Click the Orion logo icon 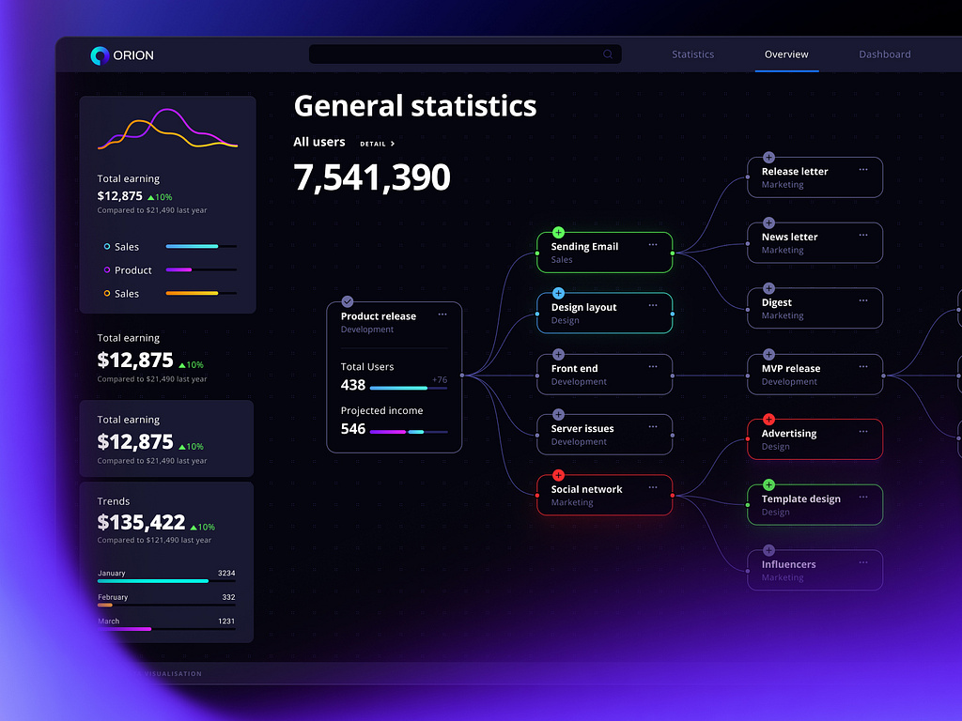(100, 55)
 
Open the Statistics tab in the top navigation (692, 54)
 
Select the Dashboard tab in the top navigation (884, 54)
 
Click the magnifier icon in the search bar (608, 54)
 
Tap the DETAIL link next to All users (377, 144)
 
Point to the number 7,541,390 (372, 177)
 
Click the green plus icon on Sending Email (558, 232)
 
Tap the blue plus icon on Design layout (558, 293)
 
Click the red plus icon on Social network (558, 475)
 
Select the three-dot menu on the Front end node (653, 366)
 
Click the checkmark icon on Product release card (348, 301)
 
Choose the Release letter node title (794, 172)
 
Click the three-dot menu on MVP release (863, 366)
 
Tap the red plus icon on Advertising (768, 419)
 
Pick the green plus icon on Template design (768, 484)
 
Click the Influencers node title (788, 564)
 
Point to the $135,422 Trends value (141, 523)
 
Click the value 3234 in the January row (225, 573)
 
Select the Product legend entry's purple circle (107, 270)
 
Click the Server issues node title (582, 428)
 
